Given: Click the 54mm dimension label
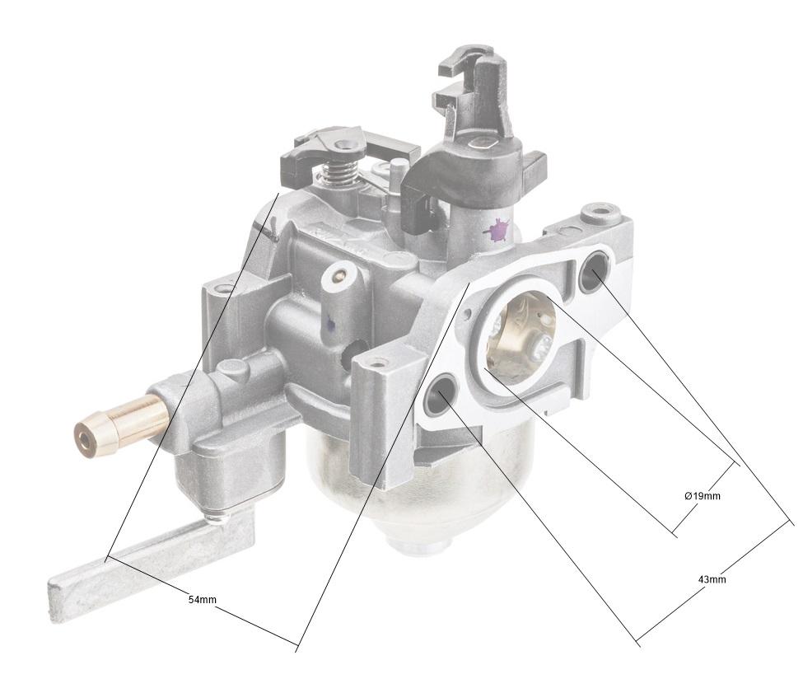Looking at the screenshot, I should (x=202, y=599).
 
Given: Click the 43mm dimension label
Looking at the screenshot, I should (x=712, y=579).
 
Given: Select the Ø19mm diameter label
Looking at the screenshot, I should (x=702, y=496).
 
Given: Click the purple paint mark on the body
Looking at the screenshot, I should (x=497, y=231).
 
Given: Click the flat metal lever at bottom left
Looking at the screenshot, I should (x=148, y=560).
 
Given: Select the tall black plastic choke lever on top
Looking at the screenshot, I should (x=478, y=124).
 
